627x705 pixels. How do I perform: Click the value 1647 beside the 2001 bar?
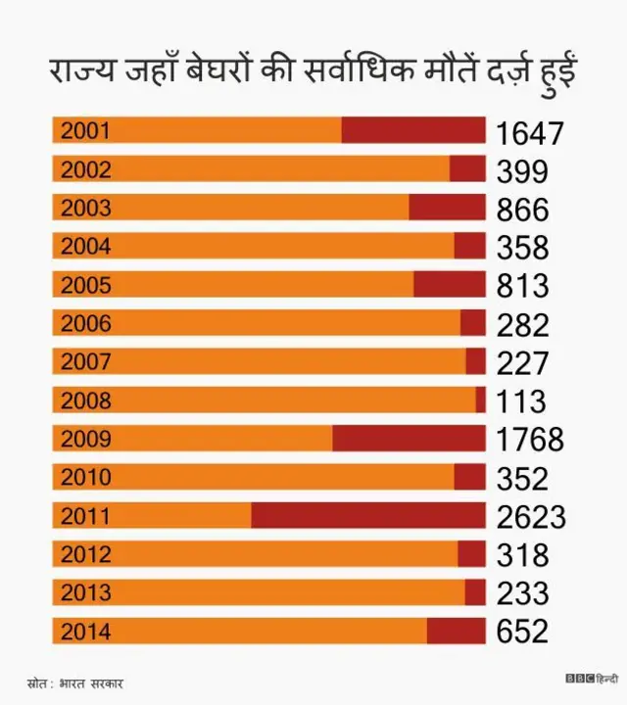(x=530, y=132)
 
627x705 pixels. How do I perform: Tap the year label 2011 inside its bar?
(x=86, y=516)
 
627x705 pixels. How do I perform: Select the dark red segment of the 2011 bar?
(x=367, y=516)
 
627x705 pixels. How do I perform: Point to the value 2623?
(x=531, y=517)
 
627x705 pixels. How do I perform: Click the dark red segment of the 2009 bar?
(x=409, y=439)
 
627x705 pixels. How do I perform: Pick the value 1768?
(x=530, y=440)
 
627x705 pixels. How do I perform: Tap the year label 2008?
(x=86, y=400)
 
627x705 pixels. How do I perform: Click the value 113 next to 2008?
(x=521, y=401)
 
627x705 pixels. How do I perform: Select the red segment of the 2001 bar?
(x=412, y=131)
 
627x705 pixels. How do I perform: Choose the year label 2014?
(x=86, y=632)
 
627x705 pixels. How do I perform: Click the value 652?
(x=522, y=633)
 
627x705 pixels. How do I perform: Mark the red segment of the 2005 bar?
(x=449, y=285)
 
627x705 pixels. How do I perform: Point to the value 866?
(x=522, y=210)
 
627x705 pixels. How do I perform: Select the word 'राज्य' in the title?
(x=84, y=73)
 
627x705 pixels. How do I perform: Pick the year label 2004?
(x=86, y=247)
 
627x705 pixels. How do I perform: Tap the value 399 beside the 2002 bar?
(x=522, y=170)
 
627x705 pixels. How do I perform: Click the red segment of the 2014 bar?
(x=456, y=632)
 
